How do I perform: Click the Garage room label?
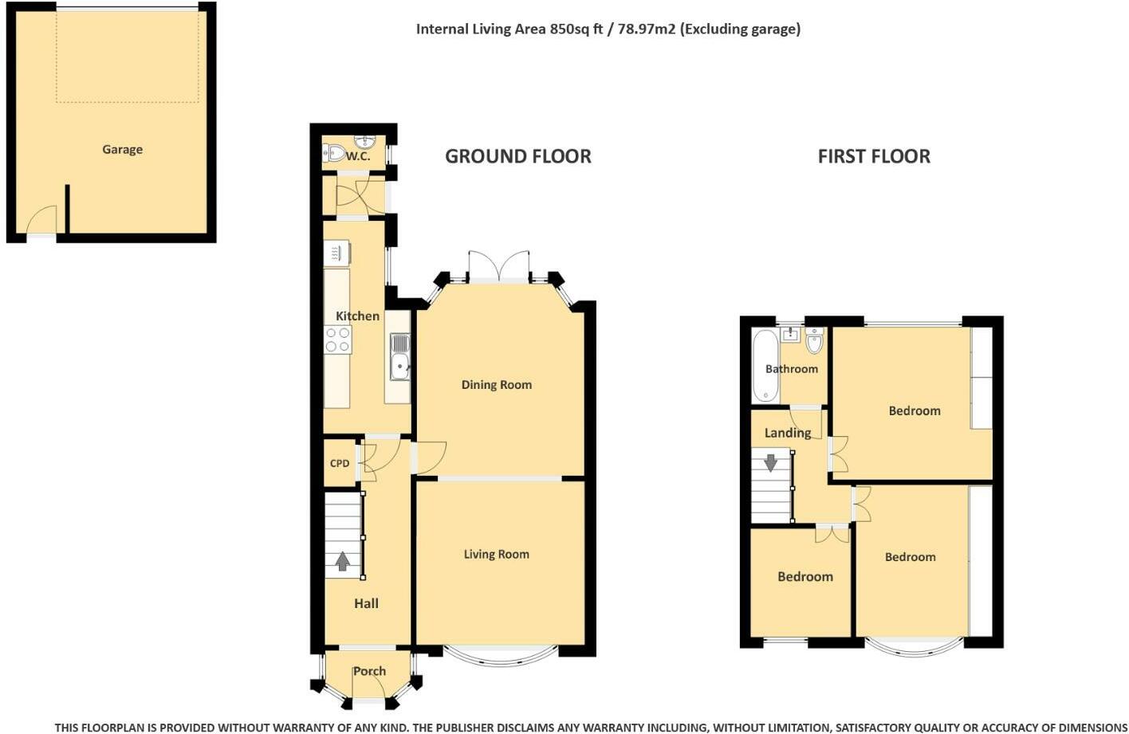click(x=123, y=150)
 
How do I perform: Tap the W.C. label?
click(x=358, y=157)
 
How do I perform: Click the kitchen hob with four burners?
click(x=338, y=340)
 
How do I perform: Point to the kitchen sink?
click(x=400, y=357)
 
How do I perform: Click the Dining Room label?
click(x=497, y=385)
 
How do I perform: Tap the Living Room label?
click(x=497, y=554)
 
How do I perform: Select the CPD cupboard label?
click(x=340, y=464)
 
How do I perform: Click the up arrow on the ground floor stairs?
click(x=343, y=561)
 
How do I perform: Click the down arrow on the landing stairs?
click(x=771, y=462)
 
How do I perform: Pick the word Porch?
click(x=369, y=671)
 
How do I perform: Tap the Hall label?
click(x=367, y=603)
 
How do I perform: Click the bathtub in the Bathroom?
click(x=765, y=366)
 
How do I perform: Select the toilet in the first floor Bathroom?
click(x=813, y=340)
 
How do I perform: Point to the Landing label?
click(x=788, y=433)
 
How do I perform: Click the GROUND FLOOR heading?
click(x=518, y=156)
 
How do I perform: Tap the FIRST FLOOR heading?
click(x=874, y=156)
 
